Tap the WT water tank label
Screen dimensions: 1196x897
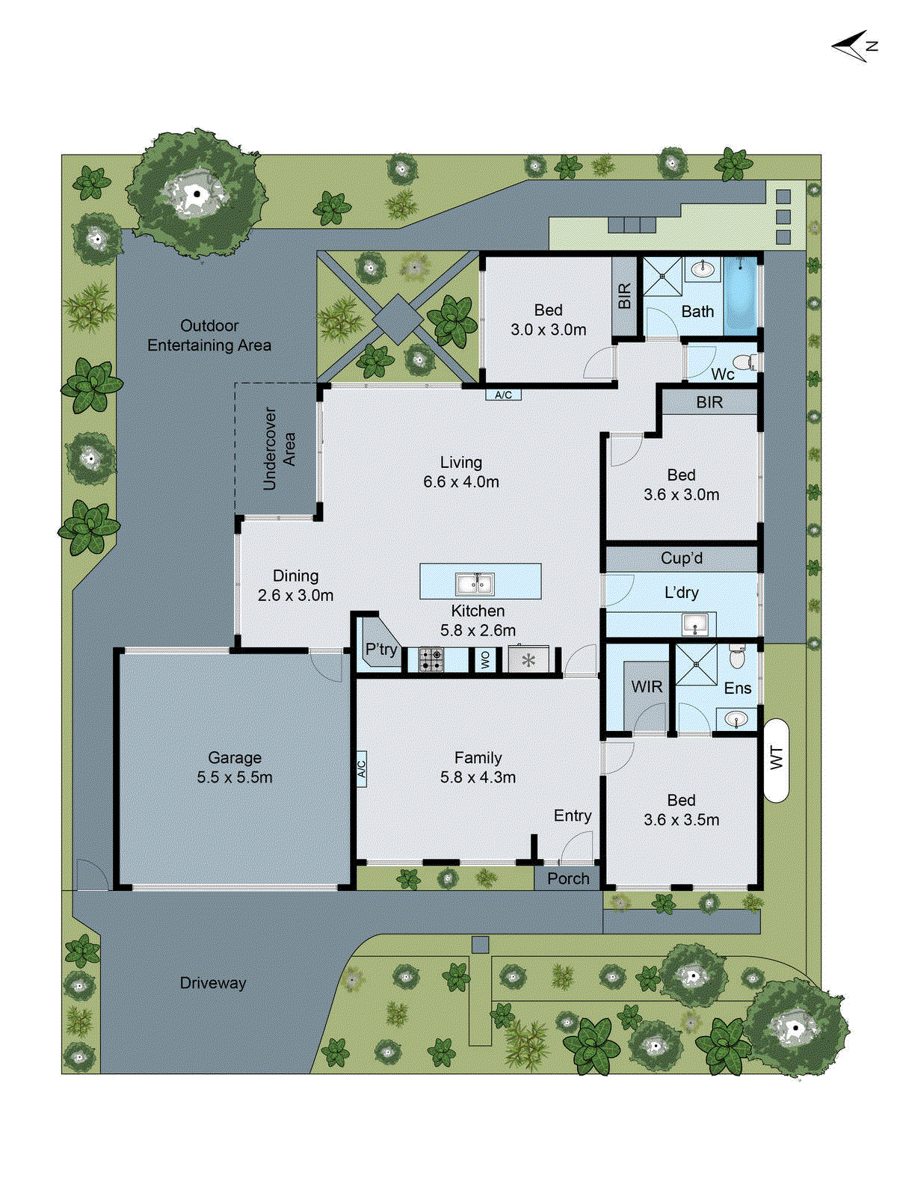pos(777,759)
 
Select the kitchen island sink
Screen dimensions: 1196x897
pos(475,583)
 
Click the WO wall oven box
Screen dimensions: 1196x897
pos(485,659)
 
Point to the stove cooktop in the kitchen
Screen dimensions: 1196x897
pos(431,659)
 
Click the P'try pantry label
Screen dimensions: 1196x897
pos(381,649)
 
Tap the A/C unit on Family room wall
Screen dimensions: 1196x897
pos(361,768)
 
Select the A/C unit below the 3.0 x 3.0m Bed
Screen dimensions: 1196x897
pos(503,395)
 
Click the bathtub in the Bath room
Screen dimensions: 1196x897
pos(741,295)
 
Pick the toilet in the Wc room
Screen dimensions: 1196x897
pos(746,363)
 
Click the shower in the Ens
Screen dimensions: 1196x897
pos(696,664)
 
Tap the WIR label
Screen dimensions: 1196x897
pos(647,687)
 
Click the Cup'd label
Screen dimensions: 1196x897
pos(681,558)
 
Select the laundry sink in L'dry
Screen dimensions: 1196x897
pos(695,624)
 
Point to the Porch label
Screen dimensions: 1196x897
pos(568,878)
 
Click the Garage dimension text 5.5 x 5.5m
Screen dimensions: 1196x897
pos(235,777)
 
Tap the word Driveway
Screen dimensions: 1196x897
pos(213,983)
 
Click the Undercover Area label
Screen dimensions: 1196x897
pos(280,449)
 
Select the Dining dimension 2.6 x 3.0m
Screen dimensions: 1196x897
pos(295,596)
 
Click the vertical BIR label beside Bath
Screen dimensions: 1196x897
pos(625,296)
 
